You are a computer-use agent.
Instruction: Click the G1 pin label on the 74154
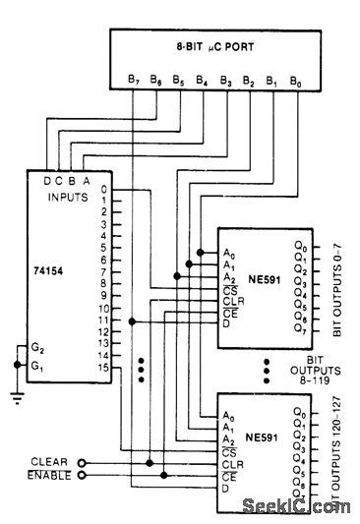[x=36, y=366]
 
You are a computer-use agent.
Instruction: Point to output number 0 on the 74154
[x=104, y=189]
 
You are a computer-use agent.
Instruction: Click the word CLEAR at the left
[x=49, y=461]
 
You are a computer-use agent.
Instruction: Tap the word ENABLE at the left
[x=49, y=475]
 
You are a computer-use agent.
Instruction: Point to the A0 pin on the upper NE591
[x=228, y=253]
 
